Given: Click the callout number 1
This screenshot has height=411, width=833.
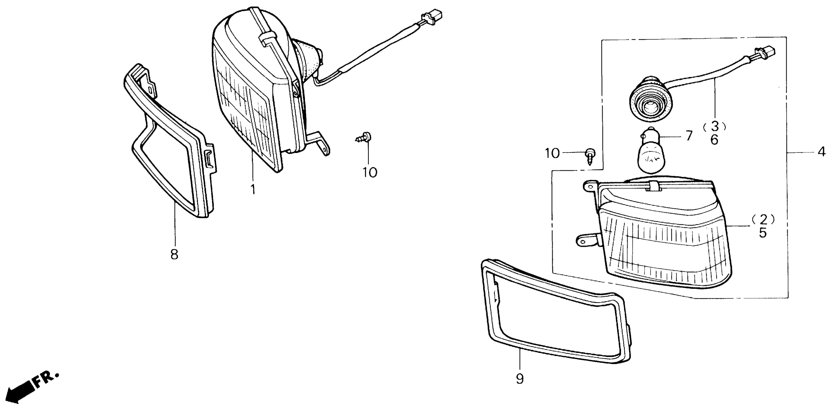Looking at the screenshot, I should pos(253,189).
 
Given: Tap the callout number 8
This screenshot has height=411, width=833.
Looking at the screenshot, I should pos(174,255).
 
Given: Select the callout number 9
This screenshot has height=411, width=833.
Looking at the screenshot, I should pos(520,378).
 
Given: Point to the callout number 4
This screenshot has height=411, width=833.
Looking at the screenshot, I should pos(822,152).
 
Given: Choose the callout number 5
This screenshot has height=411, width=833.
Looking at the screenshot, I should pos(763,233).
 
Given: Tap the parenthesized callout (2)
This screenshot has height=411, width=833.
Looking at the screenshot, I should pos(763,220).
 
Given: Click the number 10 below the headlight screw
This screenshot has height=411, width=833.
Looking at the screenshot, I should pos(369,172).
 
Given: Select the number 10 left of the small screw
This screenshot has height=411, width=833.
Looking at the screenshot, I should pos(552,153).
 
